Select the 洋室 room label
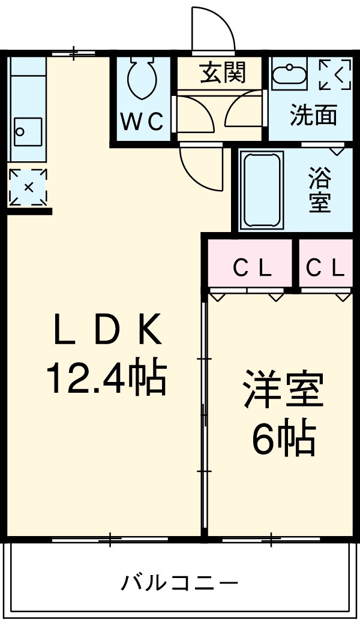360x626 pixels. click(x=283, y=391)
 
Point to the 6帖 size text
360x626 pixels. click(x=283, y=440)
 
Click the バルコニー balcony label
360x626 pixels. click(x=180, y=582)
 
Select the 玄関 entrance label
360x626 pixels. click(x=222, y=73)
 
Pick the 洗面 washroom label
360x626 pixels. click(x=313, y=115)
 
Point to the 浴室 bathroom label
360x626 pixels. click(x=319, y=191)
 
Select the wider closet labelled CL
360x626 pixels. click(x=251, y=269)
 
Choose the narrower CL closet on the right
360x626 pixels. click(x=326, y=269)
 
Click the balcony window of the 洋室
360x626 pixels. click(x=270, y=540)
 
